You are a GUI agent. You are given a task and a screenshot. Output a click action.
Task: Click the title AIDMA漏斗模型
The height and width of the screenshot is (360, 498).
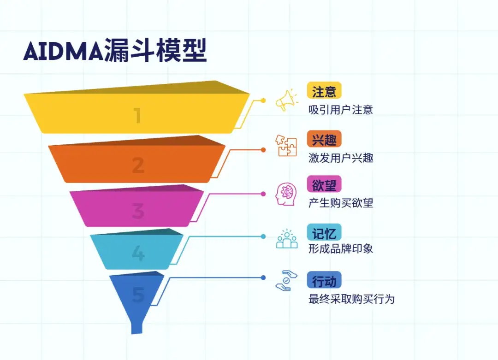click(x=115, y=50)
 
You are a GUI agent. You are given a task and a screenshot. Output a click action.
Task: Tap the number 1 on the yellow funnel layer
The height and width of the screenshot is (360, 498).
click(x=137, y=116)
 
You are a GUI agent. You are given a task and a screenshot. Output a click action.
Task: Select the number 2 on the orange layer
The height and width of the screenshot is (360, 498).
click(x=138, y=165)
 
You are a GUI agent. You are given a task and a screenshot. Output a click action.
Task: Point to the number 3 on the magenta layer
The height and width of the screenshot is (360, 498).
click(x=138, y=211)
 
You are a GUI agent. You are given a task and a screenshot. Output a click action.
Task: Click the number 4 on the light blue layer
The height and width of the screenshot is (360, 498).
click(x=138, y=253)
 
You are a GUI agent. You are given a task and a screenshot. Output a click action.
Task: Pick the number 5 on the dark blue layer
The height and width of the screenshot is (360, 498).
click(x=138, y=295)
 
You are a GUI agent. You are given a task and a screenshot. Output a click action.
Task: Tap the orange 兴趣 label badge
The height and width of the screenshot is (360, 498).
click(x=324, y=139)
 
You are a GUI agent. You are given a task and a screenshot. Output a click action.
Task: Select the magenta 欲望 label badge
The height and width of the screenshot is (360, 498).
click(x=324, y=184)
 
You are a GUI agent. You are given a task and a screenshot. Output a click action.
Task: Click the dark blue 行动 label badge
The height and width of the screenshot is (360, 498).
click(x=324, y=280)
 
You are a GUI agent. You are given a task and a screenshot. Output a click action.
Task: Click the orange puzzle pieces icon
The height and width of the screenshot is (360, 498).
click(x=286, y=146)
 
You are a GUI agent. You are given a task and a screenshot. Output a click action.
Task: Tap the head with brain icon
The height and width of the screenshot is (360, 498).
click(x=286, y=194)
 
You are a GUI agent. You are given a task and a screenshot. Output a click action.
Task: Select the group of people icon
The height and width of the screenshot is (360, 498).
click(x=287, y=239)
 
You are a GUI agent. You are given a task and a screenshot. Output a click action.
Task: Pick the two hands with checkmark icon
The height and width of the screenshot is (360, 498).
click(x=286, y=281)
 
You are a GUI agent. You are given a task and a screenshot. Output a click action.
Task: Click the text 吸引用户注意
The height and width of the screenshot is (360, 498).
click(x=340, y=110)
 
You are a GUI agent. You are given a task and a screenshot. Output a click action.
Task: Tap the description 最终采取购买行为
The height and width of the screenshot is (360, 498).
click(x=351, y=299)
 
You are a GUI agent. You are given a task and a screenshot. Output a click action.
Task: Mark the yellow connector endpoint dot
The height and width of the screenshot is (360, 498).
click(x=263, y=100)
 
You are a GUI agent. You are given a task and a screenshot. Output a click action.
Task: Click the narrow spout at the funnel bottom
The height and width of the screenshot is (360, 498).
click(x=137, y=327)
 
